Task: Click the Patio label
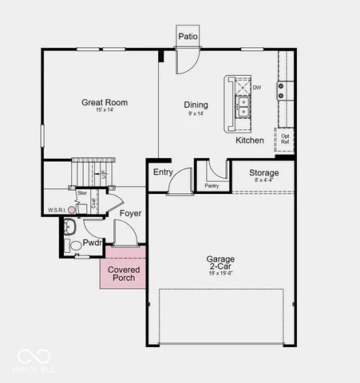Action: (188, 36)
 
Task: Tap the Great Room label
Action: (105, 102)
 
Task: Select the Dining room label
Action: (196, 105)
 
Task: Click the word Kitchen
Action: (249, 140)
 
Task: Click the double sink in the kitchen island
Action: (242, 102)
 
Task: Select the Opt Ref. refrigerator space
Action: (285, 139)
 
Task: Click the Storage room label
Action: (263, 172)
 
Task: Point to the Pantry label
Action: (212, 186)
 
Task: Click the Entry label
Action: (163, 172)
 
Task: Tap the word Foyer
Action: (131, 214)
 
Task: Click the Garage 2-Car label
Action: (220, 264)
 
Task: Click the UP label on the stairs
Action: (102, 173)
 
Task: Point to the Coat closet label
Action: (94, 203)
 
